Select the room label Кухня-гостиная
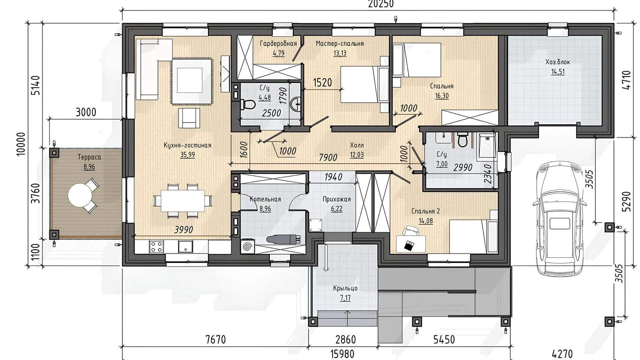coord(187,145)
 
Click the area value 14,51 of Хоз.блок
coord(558,72)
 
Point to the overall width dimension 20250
coord(381,4)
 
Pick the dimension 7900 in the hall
coord(328,157)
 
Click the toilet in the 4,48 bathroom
coord(248,105)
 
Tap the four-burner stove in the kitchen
coord(156,247)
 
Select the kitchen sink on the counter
coord(185,247)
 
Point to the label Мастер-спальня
coord(340,44)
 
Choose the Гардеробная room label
coord(278,44)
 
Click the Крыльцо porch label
coord(345,288)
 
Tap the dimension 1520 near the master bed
coord(322,82)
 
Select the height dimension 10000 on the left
coord(21,143)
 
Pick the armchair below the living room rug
coord(189,118)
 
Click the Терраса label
coord(89,157)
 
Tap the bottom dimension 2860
coord(346,339)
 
